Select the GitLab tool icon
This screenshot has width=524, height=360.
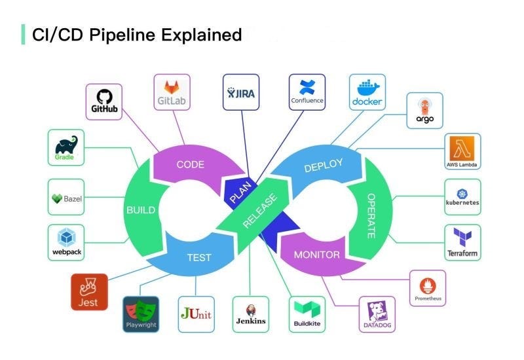[172, 92]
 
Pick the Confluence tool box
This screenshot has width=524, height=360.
[307, 92]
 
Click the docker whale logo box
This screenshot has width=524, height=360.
[367, 92]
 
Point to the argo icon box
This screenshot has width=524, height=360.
[424, 111]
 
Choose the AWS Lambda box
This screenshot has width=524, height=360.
[462, 152]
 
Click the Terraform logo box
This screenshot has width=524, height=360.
[462, 242]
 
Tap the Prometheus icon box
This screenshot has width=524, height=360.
[428, 288]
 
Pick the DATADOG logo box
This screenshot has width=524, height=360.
[377, 314]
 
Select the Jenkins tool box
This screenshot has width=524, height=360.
[251, 314]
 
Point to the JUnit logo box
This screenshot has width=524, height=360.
[196, 314]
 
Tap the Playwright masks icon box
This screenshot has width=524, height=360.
[141, 314]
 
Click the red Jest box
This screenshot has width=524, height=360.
[89, 292]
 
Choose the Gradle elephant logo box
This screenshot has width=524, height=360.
[65, 147]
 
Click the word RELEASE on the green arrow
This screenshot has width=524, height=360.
[260, 211]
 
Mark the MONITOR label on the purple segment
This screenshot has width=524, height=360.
[317, 255]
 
